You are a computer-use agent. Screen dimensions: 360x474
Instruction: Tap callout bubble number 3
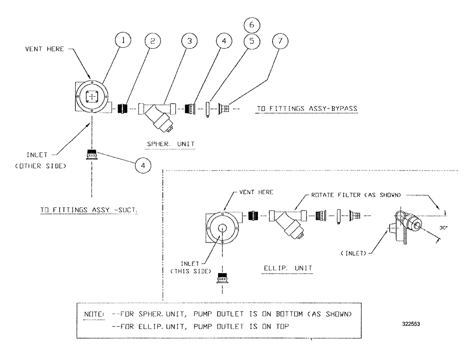click(188, 41)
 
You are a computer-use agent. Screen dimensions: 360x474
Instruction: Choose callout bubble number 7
click(281, 41)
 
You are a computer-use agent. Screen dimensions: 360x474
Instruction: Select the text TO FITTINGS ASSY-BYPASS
click(307, 108)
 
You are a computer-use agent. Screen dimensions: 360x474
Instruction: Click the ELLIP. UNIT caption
click(288, 268)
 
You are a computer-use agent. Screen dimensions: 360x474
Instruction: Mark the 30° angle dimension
click(444, 227)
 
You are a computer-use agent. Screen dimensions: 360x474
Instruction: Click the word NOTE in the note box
click(91, 314)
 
